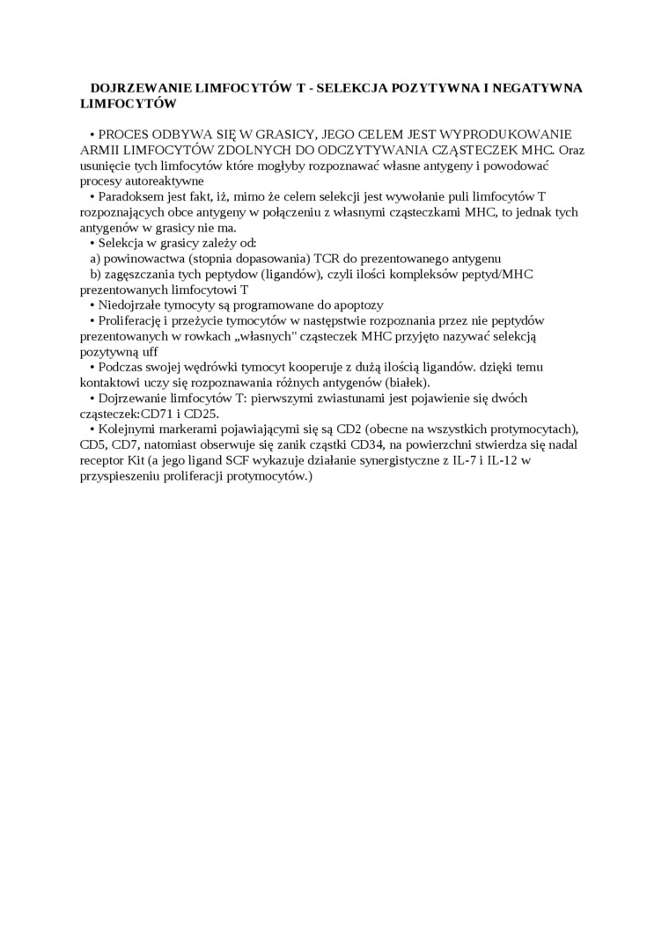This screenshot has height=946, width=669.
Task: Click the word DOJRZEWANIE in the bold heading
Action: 136,88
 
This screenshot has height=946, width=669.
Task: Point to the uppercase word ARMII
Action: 99,150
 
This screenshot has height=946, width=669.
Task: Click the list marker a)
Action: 95,258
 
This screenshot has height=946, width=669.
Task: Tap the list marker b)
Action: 96,274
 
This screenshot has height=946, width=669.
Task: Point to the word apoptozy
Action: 357,304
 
